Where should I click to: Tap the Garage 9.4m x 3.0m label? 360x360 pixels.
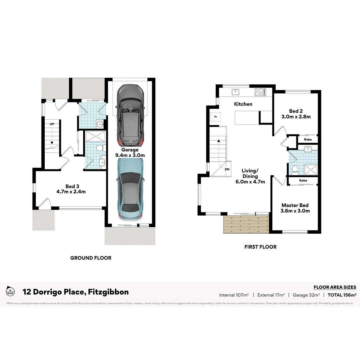(130, 153)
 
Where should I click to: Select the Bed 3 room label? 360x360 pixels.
(71, 189)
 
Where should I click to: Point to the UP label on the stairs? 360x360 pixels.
(52, 124)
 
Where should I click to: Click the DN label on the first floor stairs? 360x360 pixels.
(227, 169)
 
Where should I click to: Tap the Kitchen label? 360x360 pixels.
(243, 104)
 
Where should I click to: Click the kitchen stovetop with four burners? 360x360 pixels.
(260, 92)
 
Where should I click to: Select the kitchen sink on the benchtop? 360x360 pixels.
(236, 92)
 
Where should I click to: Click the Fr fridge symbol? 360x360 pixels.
(215, 117)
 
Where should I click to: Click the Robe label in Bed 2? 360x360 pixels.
(308, 139)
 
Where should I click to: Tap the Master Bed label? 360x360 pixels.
(295, 208)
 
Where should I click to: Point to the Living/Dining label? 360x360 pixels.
(250, 176)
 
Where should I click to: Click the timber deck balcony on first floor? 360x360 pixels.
(246, 224)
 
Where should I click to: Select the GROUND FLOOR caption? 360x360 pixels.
(91, 258)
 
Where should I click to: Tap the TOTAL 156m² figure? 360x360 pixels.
(342, 295)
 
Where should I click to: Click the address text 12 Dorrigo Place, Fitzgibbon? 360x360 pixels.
(75, 292)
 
